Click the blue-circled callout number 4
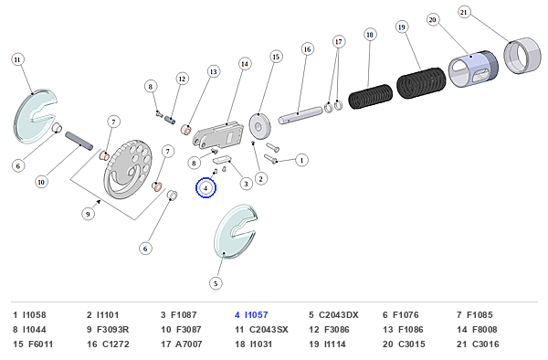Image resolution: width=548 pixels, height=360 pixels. (x=205, y=188)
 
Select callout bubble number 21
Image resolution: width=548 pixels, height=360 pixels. (x=463, y=12)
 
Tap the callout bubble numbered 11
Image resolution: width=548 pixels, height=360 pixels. (x=17, y=59)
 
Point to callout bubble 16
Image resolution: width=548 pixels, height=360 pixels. (x=307, y=49)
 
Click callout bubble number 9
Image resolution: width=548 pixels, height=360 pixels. (x=88, y=214)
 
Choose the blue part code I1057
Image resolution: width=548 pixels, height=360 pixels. (x=256, y=315)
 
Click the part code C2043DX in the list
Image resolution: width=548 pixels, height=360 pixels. (x=338, y=315)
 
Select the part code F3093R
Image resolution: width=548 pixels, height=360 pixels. (x=112, y=330)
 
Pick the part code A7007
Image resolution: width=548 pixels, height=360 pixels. (x=189, y=344)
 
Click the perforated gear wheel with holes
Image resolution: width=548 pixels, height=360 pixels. (x=128, y=170)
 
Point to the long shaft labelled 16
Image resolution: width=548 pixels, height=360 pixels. (x=300, y=115)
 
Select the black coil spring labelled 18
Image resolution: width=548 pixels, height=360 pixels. (x=371, y=96)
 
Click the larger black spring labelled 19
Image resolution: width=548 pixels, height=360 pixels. (x=421, y=83)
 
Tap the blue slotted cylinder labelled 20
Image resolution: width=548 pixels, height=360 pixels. (x=473, y=69)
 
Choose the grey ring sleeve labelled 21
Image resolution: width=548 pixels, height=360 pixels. (x=522, y=56)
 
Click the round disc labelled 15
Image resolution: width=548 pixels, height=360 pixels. (x=260, y=126)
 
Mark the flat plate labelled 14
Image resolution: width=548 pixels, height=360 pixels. (x=218, y=135)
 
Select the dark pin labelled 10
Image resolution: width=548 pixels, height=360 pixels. (x=79, y=141)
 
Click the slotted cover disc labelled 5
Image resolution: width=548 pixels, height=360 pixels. (x=236, y=232)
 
